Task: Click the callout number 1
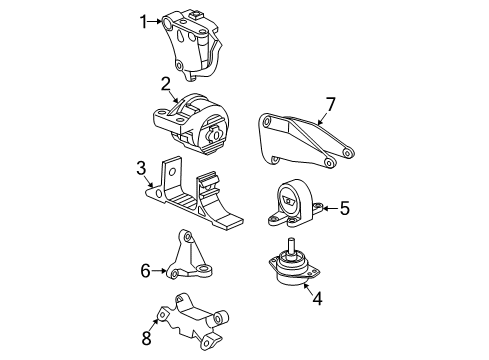click(x=143, y=20)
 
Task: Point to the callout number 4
click(x=317, y=297)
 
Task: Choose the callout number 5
click(x=344, y=208)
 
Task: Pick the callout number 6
click(x=145, y=271)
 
